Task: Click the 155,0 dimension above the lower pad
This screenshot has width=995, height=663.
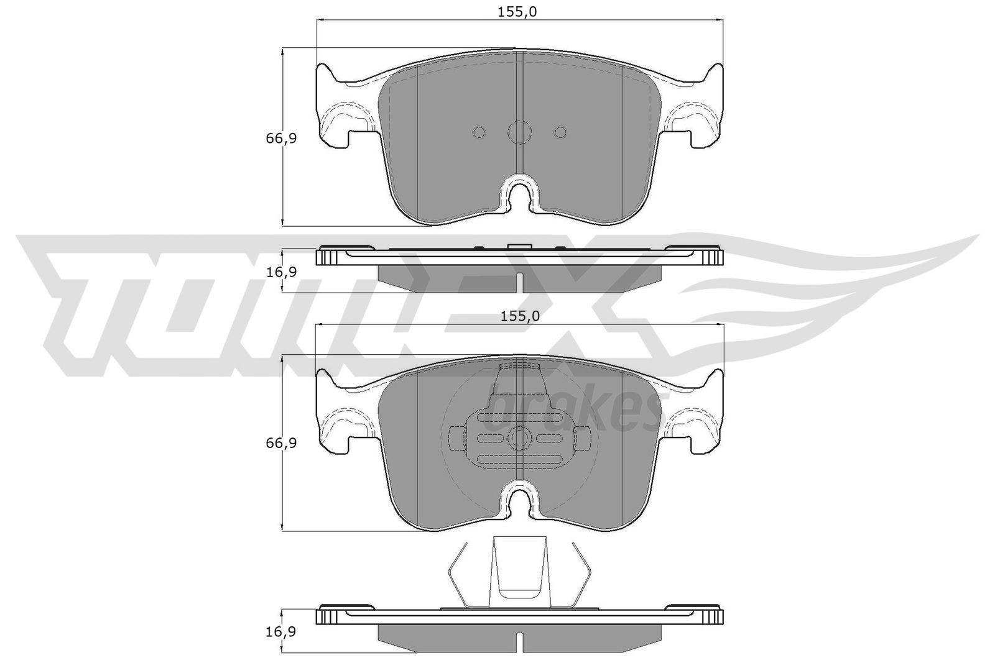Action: [x=520, y=316]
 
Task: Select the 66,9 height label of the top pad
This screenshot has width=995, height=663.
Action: [x=281, y=139]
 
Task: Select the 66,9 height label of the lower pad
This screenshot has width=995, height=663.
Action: [x=281, y=443]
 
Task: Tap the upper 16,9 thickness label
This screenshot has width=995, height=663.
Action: [x=281, y=272]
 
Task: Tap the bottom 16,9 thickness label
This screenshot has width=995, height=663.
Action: [x=281, y=631]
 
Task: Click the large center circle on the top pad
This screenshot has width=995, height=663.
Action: [x=520, y=132]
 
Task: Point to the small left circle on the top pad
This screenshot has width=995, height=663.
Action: [x=479, y=132]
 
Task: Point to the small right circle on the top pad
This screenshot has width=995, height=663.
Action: [x=560, y=132]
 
